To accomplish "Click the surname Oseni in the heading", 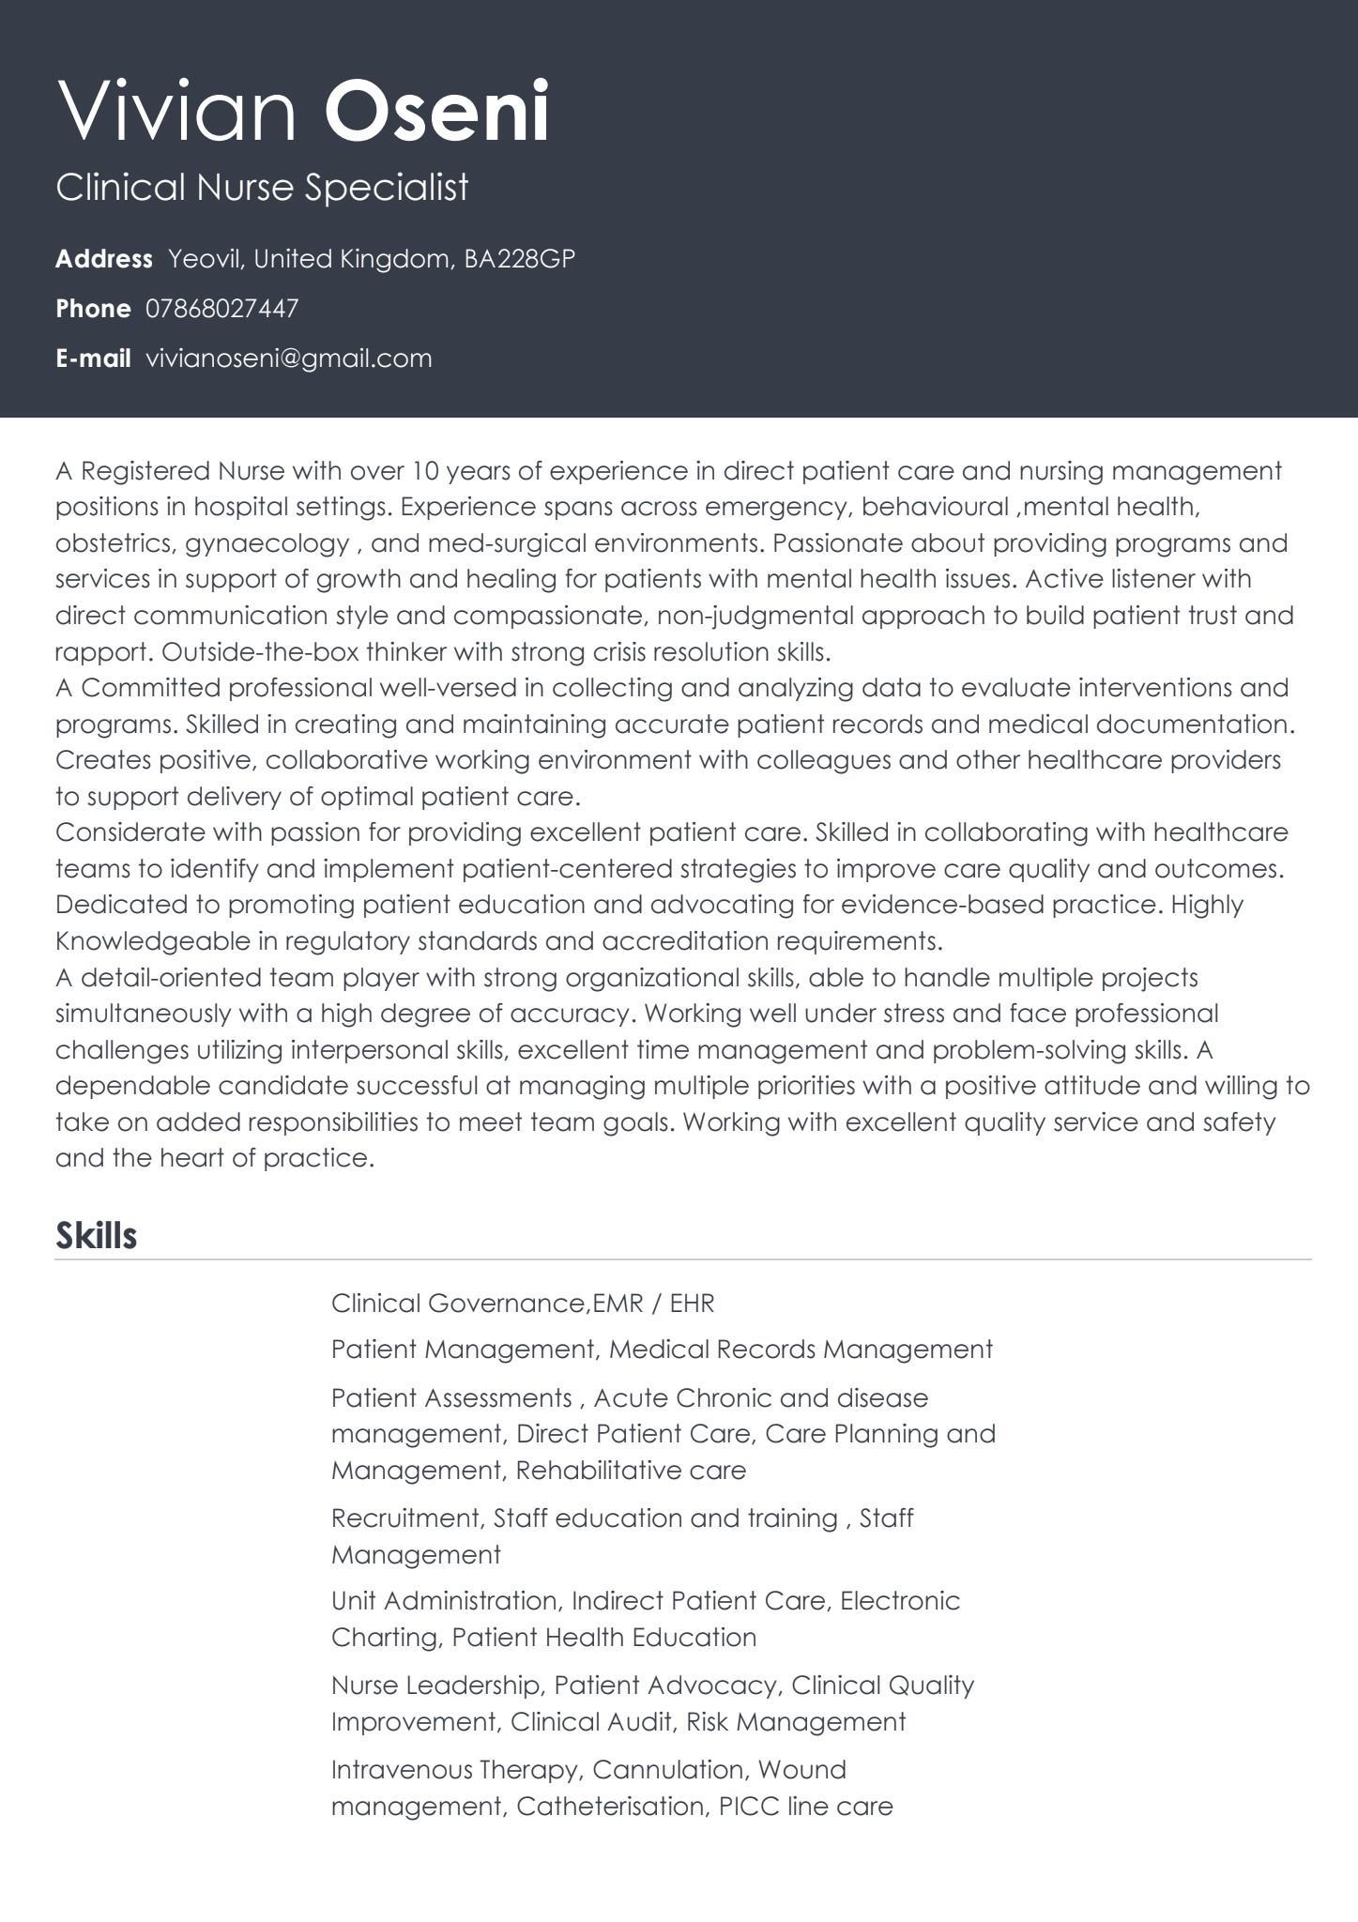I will pyautogui.click(x=436, y=112).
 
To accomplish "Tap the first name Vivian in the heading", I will pyautogui.click(x=177, y=112).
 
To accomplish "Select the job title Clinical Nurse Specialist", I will pyautogui.click(x=262, y=187).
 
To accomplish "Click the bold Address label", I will pyautogui.click(x=103, y=259).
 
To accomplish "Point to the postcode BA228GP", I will pyautogui.click(x=519, y=259).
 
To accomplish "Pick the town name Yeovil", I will pyautogui.click(x=206, y=259).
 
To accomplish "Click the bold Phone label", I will pyautogui.click(x=93, y=309).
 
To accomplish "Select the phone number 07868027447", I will pyautogui.click(x=222, y=309).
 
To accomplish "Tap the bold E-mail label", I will pyautogui.click(x=93, y=358).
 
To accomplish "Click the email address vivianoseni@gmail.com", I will pyautogui.click(x=289, y=358).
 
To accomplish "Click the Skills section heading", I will pyautogui.click(x=96, y=1235).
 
